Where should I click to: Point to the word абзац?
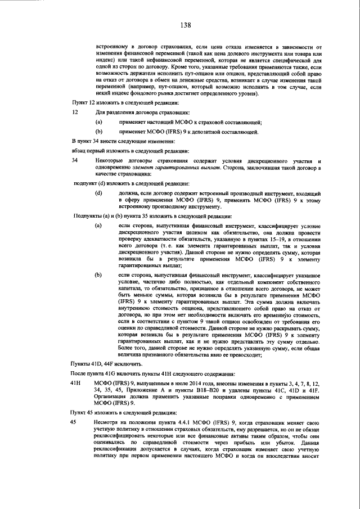tap(80, 150)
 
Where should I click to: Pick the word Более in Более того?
tap(128, 348)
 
